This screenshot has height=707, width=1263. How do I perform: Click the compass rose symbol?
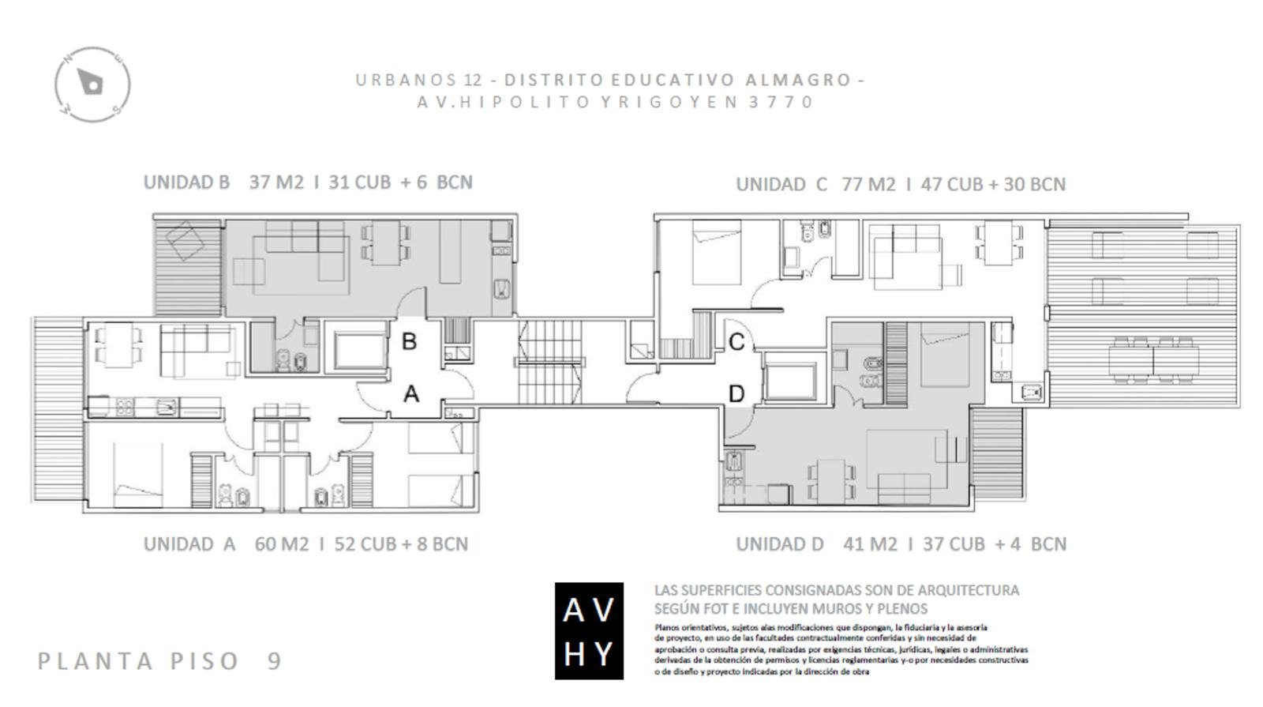pyautogui.click(x=92, y=85)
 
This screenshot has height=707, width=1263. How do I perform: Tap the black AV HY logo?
pyautogui.click(x=589, y=631)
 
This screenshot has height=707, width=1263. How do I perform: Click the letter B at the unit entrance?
pyautogui.click(x=410, y=341)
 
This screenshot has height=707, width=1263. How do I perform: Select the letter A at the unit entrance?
pyautogui.click(x=411, y=394)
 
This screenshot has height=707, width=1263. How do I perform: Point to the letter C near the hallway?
pyautogui.click(x=736, y=342)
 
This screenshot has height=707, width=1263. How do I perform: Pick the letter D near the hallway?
pyautogui.click(x=736, y=394)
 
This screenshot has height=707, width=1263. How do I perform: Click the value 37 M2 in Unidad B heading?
pyautogui.click(x=276, y=182)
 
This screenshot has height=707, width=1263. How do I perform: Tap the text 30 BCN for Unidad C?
pyautogui.click(x=1035, y=185)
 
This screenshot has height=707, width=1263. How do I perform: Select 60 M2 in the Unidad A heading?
pyautogui.click(x=281, y=544)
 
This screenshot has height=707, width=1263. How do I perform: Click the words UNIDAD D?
pyautogui.click(x=780, y=544)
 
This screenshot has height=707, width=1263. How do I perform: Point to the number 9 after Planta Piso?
pyautogui.click(x=275, y=660)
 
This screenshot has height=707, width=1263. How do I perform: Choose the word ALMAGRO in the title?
pyautogui.click(x=798, y=80)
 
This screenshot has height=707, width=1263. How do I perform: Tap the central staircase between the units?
pyautogui.click(x=549, y=362)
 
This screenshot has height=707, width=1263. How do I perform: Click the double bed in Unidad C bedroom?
pyautogui.click(x=717, y=252)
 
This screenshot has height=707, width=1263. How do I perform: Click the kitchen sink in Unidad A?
pyautogui.click(x=167, y=406)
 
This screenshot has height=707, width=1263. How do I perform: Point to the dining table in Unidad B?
pyautogui.click(x=386, y=243)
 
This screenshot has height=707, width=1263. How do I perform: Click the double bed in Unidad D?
pyautogui.click(x=945, y=355)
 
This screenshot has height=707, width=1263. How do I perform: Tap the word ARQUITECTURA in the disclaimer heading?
pyautogui.click(x=969, y=590)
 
